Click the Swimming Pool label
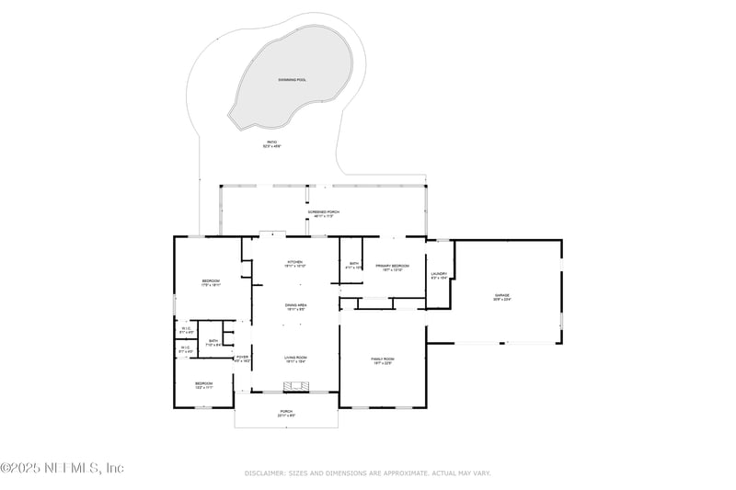(x=293, y=80)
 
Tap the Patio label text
(x=270, y=143)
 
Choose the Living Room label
(x=294, y=359)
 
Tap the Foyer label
(x=242, y=359)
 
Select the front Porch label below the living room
(x=286, y=414)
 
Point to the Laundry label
(x=438, y=275)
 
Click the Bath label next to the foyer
(x=213, y=342)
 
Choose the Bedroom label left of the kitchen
(x=212, y=282)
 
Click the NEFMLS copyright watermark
(x=62, y=467)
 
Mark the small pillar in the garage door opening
(x=503, y=343)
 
